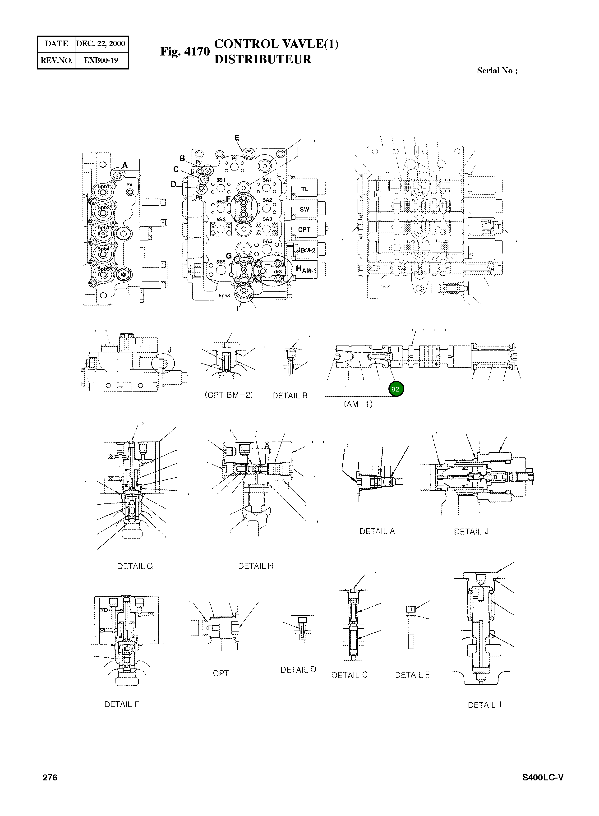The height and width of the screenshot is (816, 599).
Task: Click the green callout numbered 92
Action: [396, 389]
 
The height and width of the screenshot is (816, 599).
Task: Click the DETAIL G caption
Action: [135, 566]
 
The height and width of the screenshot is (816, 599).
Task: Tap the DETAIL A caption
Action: [377, 531]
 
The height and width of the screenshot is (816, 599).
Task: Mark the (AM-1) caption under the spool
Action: [358, 404]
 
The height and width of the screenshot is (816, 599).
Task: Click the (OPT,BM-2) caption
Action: [228, 395]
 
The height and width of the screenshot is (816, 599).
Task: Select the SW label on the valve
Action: [304, 210]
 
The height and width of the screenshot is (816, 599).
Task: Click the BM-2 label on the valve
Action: [308, 250]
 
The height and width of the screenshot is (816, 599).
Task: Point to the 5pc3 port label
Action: [224, 296]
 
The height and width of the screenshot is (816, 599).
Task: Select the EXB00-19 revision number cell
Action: [101, 60]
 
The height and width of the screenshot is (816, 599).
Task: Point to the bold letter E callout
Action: [237, 138]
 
